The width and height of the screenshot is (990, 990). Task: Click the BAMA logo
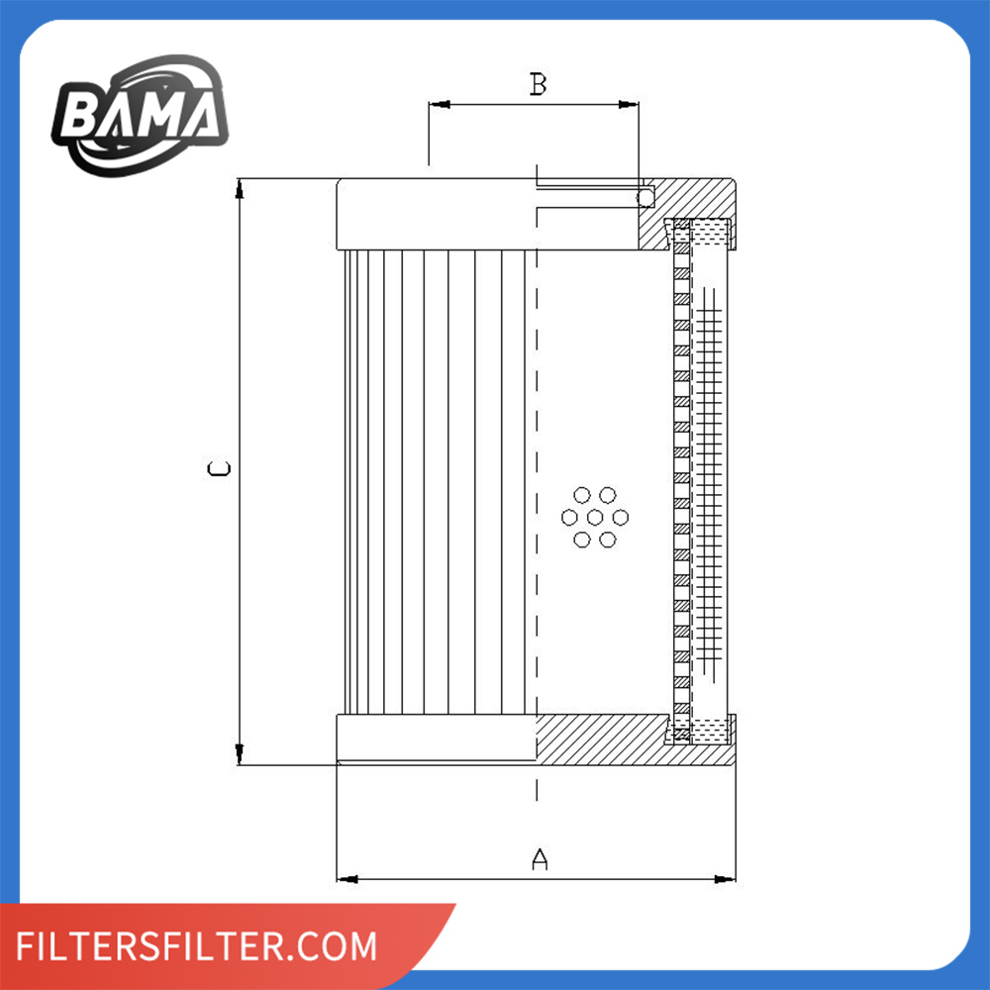point(140,116)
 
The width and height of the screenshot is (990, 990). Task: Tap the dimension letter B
point(538,85)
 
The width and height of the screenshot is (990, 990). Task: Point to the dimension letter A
point(540,859)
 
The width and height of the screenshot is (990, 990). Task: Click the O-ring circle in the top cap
point(645,198)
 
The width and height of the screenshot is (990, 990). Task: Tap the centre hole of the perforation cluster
point(595,517)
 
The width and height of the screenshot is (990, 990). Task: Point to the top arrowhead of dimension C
point(239,188)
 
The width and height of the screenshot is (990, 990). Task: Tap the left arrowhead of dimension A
point(346,878)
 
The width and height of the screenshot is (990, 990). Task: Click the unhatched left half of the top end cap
point(436,215)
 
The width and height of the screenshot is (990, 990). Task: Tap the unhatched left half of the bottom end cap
point(436,738)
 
